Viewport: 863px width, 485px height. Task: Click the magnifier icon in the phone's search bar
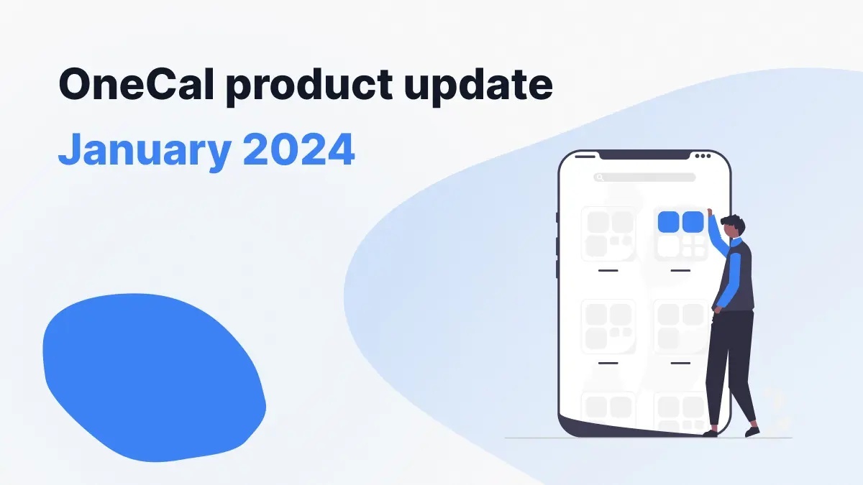click(x=599, y=177)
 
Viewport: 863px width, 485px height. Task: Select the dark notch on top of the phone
click(x=644, y=155)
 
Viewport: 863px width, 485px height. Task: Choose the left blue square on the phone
click(x=669, y=222)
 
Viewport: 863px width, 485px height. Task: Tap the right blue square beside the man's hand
click(x=693, y=222)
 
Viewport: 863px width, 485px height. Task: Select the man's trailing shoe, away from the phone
click(x=752, y=431)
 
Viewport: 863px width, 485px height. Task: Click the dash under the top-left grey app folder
click(x=608, y=270)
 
